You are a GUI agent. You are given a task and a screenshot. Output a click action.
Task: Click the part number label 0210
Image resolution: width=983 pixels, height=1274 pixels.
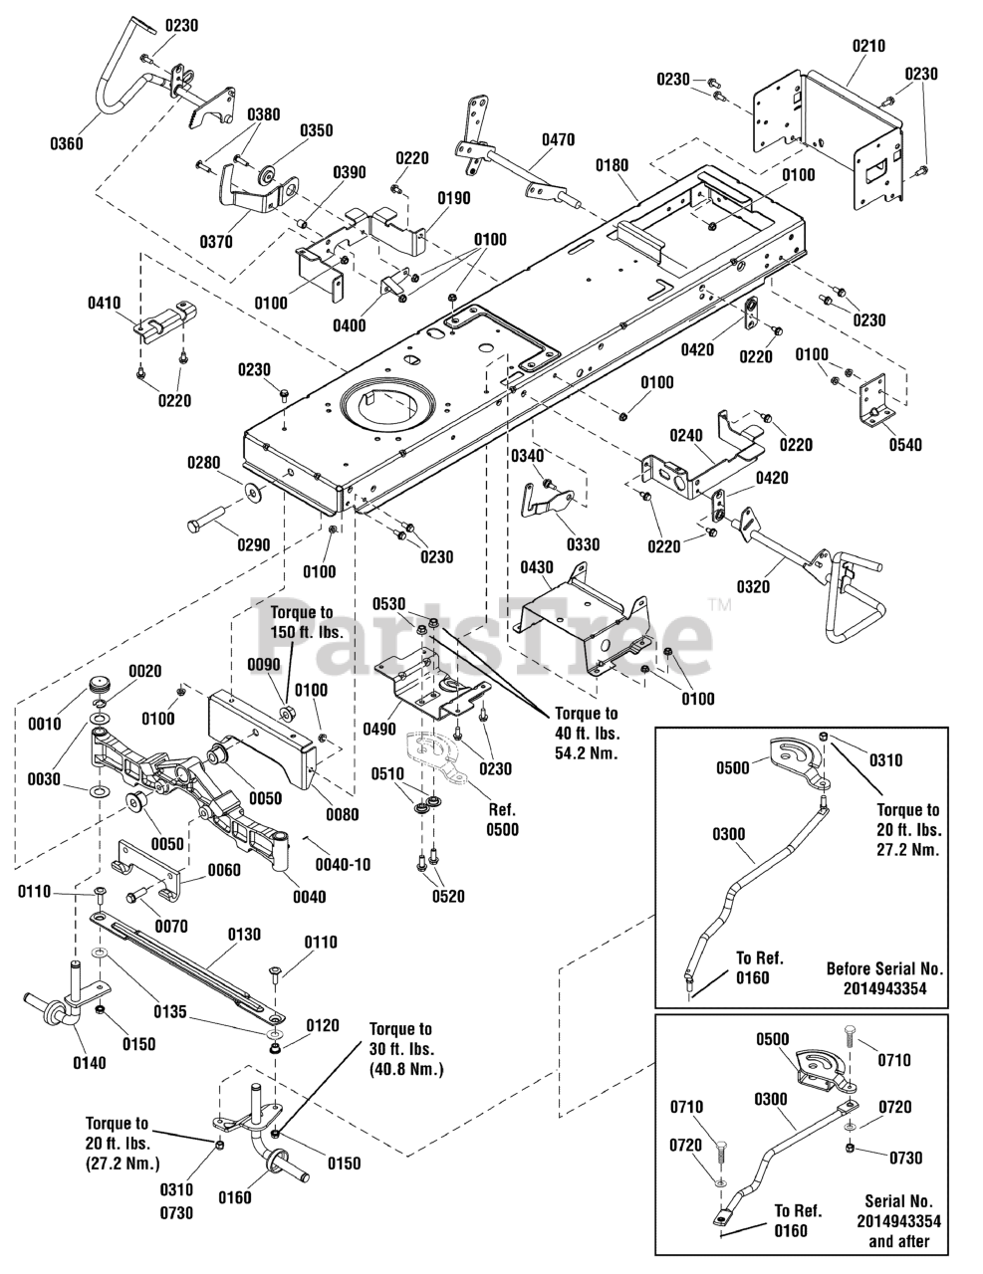[868, 46]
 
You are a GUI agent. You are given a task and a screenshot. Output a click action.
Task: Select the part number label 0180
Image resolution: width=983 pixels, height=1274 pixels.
[612, 165]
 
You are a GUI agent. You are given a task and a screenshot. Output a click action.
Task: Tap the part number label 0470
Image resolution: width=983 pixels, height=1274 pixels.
[559, 139]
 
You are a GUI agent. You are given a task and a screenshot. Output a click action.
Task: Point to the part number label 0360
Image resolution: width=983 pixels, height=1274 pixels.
[67, 143]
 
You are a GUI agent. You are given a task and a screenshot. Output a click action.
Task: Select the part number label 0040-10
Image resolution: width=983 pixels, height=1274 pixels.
[344, 864]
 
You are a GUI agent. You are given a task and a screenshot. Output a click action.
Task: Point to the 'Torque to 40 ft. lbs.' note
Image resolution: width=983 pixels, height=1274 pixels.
[587, 734]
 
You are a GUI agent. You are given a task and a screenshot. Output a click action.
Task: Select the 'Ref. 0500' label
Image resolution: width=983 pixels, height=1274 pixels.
[503, 820]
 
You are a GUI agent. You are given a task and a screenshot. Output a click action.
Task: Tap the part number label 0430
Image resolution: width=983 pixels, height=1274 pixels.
[537, 567]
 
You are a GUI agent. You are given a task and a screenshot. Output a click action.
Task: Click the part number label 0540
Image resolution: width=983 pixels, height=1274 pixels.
[905, 444]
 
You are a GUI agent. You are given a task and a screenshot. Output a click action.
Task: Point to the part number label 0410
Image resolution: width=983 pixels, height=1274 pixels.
[105, 304]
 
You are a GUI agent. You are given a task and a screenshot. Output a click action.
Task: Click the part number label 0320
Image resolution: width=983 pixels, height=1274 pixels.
[753, 586]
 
